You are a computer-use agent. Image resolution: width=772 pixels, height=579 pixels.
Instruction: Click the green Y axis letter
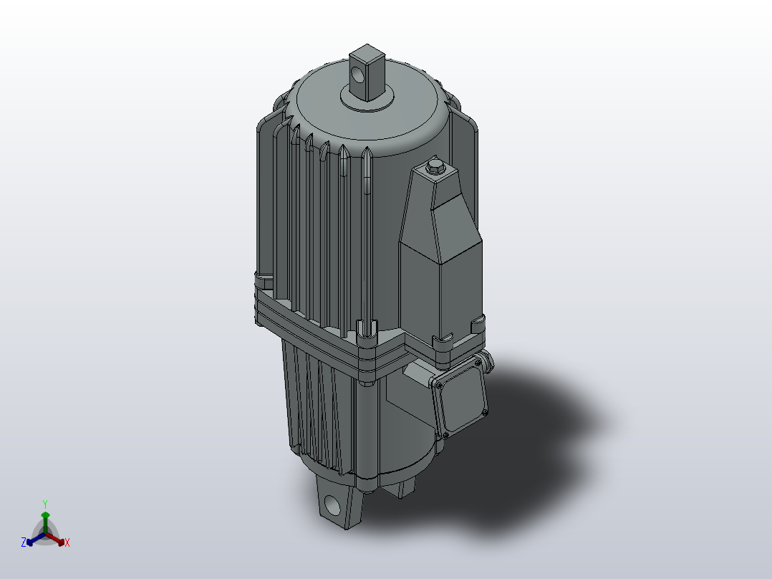pos(44,503)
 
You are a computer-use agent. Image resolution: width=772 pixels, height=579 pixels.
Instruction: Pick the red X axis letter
pos(67,543)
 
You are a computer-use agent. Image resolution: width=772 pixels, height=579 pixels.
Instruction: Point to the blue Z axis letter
pos(24,543)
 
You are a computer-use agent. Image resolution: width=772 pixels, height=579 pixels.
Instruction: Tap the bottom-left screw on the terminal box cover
pos(446,434)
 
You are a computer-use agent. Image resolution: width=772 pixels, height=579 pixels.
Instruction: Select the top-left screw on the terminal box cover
pos(436,384)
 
